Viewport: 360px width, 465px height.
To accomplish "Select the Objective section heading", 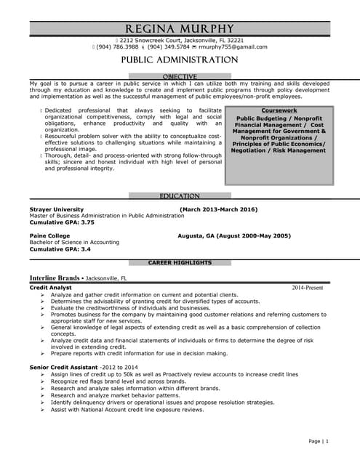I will (x=180, y=76).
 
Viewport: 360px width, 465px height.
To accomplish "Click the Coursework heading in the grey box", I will (x=279, y=110).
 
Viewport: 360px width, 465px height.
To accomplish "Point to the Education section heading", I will (x=180, y=196).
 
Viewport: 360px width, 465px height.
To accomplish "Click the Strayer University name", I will (x=57, y=209).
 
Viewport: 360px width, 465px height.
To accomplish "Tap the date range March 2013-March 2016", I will (x=218, y=209).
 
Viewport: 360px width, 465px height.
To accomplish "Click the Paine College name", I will (x=49, y=236).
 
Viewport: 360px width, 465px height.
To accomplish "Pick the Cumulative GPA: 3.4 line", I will (x=60, y=249).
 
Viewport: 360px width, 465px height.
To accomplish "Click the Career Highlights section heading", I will (x=180, y=262).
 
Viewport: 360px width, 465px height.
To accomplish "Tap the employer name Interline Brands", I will (x=55, y=278).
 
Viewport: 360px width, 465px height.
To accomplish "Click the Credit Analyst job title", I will (x=50, y=288).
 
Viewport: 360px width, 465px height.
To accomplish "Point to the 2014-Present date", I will (x=307, y=288).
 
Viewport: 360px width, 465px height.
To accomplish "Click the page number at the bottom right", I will (x=319, y=441).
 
